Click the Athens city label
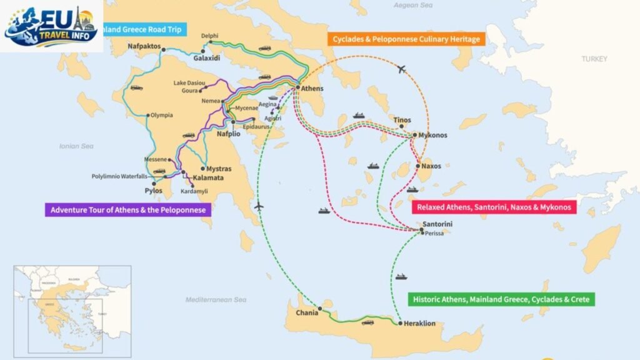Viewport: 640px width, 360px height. click(312, 89)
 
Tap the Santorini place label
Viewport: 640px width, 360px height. click(437, 224)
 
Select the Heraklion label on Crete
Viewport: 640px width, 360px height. click(419, 323)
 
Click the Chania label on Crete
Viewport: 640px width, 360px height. click(307, 313)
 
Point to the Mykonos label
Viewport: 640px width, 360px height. click(434, 135)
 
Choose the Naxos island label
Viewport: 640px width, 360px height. click(431, 166)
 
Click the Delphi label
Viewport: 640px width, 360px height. click(209, 36)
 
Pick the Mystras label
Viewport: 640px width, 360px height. click(219, 169)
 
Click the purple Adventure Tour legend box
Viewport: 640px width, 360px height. click(127, 210)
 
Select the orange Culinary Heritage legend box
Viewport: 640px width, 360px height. click(407, 39)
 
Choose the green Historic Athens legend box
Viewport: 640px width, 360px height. click(502, 299)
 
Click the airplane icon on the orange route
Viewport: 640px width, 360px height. click(402, 69)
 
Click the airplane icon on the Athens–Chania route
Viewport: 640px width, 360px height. click(259, 206)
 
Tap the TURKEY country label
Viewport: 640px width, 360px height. click(594, 59)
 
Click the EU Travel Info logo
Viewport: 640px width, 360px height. click(52, 26)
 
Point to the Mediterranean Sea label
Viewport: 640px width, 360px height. click(216, 300)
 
